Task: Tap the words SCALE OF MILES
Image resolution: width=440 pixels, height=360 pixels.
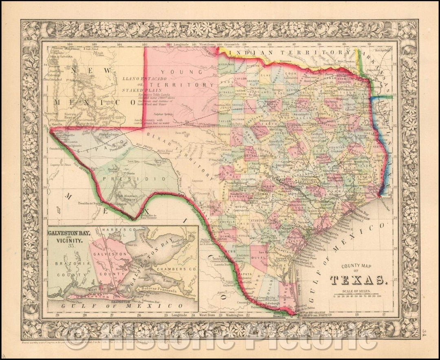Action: click(x=356, y=291)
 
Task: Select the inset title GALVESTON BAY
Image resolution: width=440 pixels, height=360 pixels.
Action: click(x=68, y=235)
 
